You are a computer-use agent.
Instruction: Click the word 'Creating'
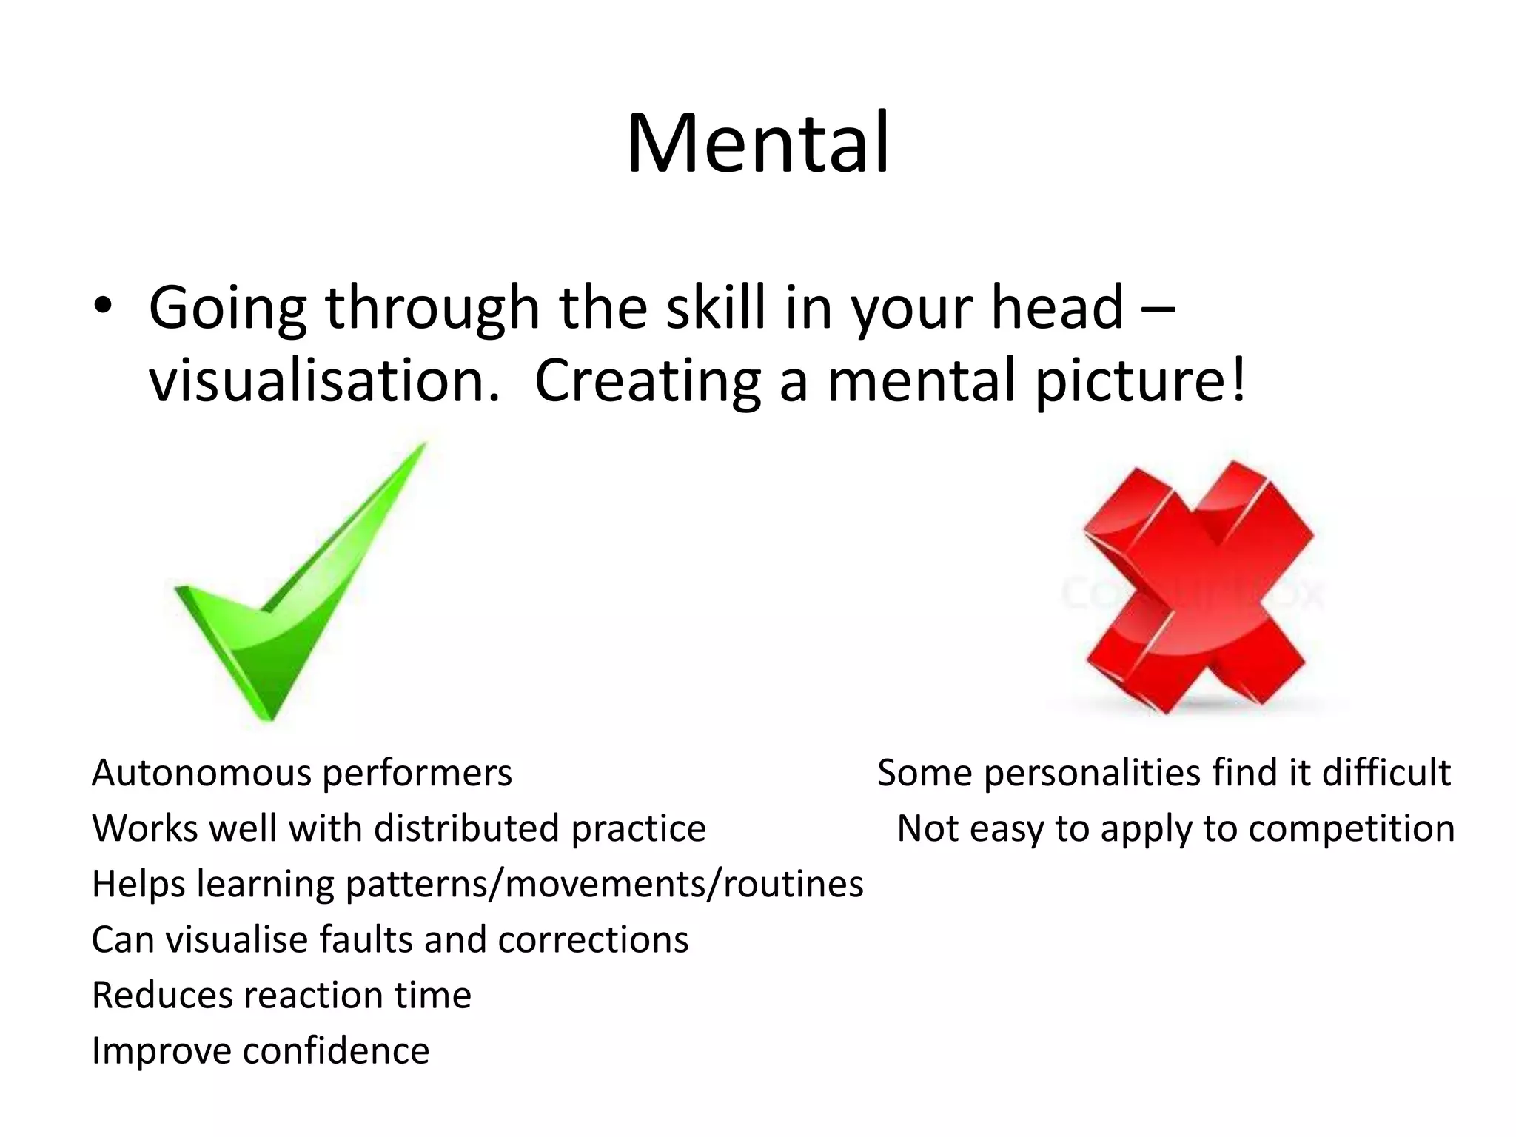648,381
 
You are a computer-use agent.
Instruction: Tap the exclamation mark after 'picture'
1238,380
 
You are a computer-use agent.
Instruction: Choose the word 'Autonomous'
201,774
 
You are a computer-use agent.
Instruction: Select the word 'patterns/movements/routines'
604,884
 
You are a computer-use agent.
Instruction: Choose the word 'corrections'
593,939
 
